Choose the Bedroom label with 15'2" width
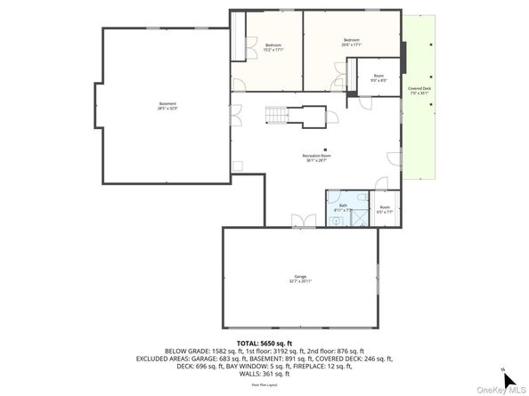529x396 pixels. pos(273,47)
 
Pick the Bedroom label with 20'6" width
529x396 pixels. pos(353,42)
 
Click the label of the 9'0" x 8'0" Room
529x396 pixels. pos(378,78)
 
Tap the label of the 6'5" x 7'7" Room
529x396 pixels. pos(384,210)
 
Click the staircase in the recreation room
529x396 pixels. pos(278,115)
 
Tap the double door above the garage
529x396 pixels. pos(303,221)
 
